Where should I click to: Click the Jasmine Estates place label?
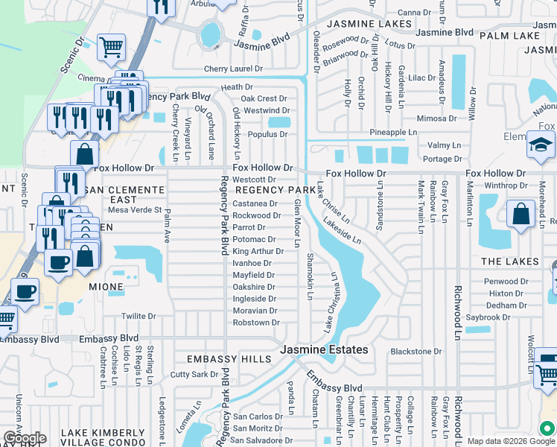click(x=324, y=349)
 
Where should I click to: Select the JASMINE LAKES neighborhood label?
click(x=369, y=24)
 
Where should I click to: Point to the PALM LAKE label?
click(x=509, y=35)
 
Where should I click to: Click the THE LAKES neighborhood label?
click(x=509, y=261)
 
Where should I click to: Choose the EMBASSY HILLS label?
click(x=229, y=359)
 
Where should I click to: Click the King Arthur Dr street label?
click(x=258, y=251)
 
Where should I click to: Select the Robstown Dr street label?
click(x=255, y=323)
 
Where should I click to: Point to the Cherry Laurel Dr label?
click(x=234, y=69)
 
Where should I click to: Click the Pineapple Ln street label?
click(x=393, y=133)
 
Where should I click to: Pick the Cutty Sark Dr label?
click(x=196, y=375)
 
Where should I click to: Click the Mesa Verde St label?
click(x=135, y=210)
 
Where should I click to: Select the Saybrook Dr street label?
click(x=488, y=317)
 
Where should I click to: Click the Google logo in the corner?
click(x=25, y=437)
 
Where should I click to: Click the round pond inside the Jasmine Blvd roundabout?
click(x=211, y=33)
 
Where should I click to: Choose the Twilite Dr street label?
click(x=139, y=316)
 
